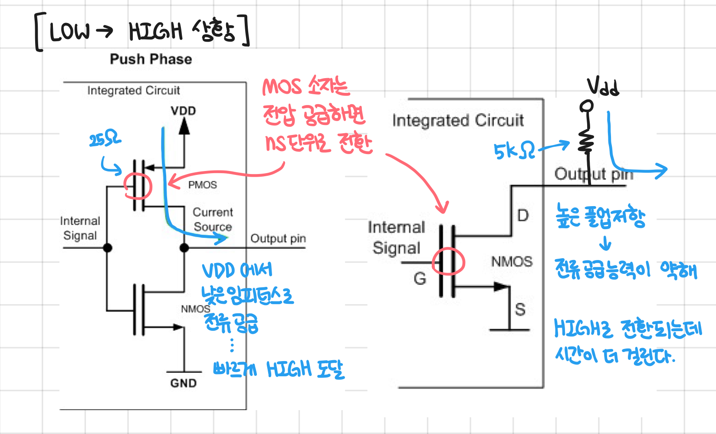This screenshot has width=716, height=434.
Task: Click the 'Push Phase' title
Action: tap(151, 59)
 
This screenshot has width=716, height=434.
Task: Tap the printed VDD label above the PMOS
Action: tap(183, 111)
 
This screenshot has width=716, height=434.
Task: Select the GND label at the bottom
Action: tap(183, 383)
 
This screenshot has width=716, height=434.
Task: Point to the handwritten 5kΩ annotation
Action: tap(514, 151)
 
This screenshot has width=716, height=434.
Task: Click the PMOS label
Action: tap(202, 185)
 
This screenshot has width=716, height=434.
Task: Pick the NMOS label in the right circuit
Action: tap(512, 262)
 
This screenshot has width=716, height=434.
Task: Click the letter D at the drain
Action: tap(523, 215)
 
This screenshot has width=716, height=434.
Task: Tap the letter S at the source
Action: tap(520, 309)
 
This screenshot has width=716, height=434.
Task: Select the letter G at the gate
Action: tap(420, 279)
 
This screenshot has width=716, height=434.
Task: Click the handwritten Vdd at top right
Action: tap(603, 87)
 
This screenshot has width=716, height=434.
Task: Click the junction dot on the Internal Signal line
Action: tap(108, 248)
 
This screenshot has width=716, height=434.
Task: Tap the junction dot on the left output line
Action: tap(184, 248)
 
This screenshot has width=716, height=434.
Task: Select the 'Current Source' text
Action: tap(213, 220)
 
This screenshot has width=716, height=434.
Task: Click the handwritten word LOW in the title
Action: tap(70, 32)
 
